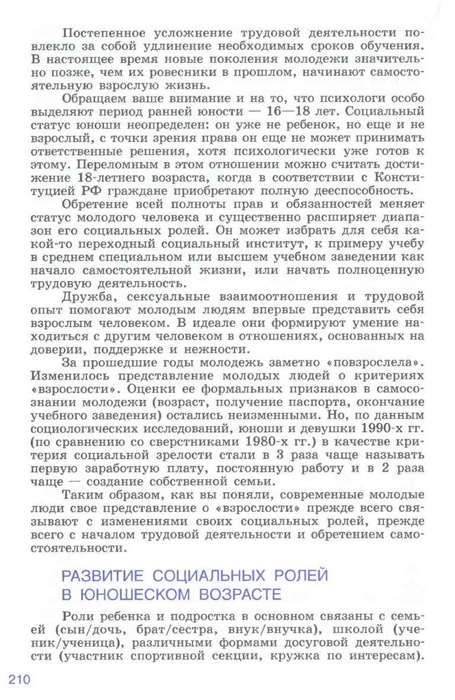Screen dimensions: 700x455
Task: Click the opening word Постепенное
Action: click(103, 32)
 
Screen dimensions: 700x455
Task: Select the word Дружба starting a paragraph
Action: click(84, 297)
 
